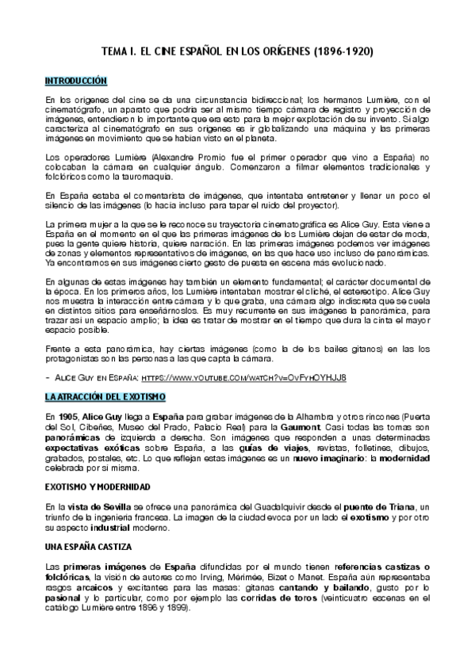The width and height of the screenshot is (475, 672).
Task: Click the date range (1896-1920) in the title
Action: pos(344,52)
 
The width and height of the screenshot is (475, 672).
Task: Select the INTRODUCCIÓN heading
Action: pos(75,81)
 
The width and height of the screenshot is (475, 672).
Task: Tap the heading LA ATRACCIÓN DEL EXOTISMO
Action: pos(104,395)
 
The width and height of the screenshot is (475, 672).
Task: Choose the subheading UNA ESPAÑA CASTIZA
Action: pos(88,548)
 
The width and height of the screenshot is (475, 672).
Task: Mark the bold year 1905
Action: pos(68,416)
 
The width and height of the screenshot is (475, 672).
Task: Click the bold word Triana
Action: pos(398,507)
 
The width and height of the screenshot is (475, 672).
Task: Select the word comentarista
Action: pos(146,196)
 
